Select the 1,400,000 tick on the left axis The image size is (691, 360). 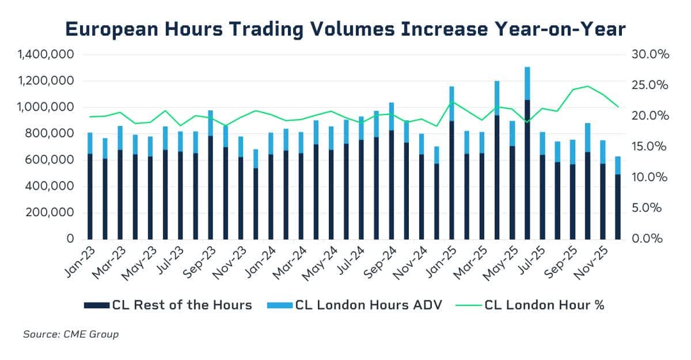(x=45, y=55)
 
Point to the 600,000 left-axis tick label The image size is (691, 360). (x=51, y=160)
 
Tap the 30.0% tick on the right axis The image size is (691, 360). (x=649, y=55)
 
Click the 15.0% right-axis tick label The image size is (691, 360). (x=649, y=146)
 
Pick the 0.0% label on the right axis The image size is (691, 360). (x=652, y=239)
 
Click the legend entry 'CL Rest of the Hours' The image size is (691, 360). (x=168, y=305)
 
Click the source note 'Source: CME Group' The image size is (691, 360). (x=70, y=334)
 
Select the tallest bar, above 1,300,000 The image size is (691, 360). (x=527, y=153)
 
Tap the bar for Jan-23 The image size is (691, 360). (x=90, y=186)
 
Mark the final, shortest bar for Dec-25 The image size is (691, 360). (x=617, y=198)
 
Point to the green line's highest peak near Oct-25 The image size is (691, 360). (x=587, y=86)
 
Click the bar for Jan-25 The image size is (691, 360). (x=452, y=163)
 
